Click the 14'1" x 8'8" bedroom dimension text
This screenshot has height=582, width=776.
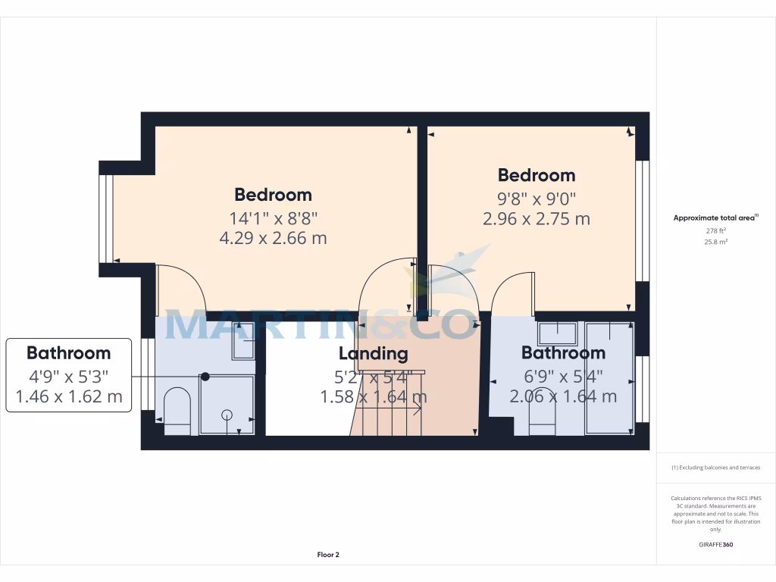pos(273,218)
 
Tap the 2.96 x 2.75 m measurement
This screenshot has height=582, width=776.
pos(536,219)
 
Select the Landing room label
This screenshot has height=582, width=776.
pos(373,353)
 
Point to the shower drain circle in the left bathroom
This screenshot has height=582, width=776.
pos(227,415)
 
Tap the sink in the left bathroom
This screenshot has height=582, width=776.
pos(243,341)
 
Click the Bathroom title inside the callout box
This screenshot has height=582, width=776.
pos(68,352)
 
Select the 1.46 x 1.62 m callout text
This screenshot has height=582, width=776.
pos(68,396)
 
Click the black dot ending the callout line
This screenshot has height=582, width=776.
pos(205,376)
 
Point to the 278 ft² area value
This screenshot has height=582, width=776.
pos(715,230)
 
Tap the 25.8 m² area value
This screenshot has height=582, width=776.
pos(715,242)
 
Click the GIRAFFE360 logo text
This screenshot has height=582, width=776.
pos(715,544)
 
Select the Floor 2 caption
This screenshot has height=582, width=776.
pos(328,555)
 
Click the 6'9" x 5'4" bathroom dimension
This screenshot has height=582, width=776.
pos(563,374)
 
